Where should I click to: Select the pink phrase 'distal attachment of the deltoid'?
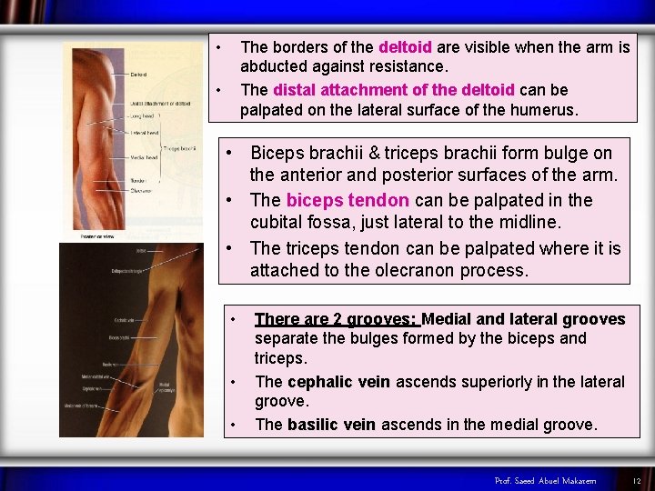(394, 90)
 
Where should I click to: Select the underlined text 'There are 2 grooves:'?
(336, 319)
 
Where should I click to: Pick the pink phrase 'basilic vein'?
(332, 425)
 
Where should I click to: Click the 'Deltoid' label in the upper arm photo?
(139, 75)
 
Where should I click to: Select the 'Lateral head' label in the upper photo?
(144, 133)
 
